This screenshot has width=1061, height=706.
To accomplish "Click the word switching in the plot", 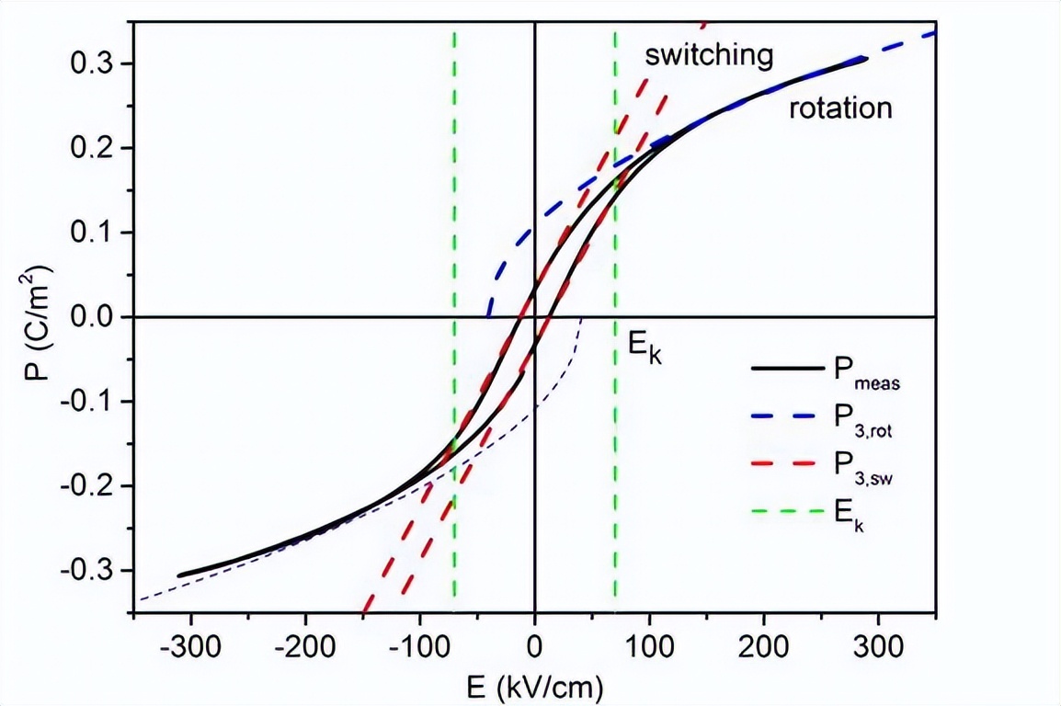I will [x=708, y=55].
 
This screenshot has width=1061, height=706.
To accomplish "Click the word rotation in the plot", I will [x=840, y=108].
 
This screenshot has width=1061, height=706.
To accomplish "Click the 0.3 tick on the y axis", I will [x=96, y=63].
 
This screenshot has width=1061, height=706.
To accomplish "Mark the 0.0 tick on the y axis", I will [x=96, y=317].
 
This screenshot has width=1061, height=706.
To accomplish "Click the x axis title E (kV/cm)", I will [x=533, y=685].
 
